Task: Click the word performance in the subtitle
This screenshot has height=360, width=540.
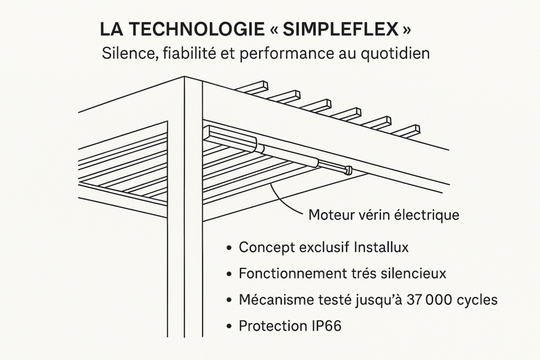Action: pos(287,54)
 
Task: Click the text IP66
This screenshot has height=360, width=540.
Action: pos(323,326)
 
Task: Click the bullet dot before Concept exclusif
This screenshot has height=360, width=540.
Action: pos(229,248)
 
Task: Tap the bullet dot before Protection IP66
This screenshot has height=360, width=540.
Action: pos(229,326)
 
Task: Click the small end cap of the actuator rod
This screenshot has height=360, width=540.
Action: pos(348,170)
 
